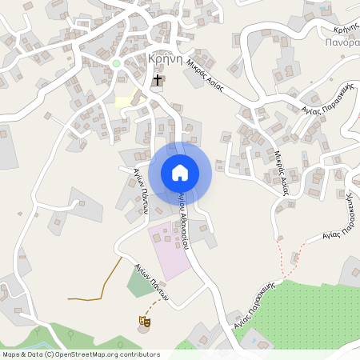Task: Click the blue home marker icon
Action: (180, 172)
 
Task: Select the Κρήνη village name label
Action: (166, 60)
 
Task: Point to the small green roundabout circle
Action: (116, 63)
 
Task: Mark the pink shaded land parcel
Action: (169, 247)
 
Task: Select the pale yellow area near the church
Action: (126, 102)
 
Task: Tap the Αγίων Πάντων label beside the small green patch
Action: (151, 282)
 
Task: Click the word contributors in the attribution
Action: (140, 354)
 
